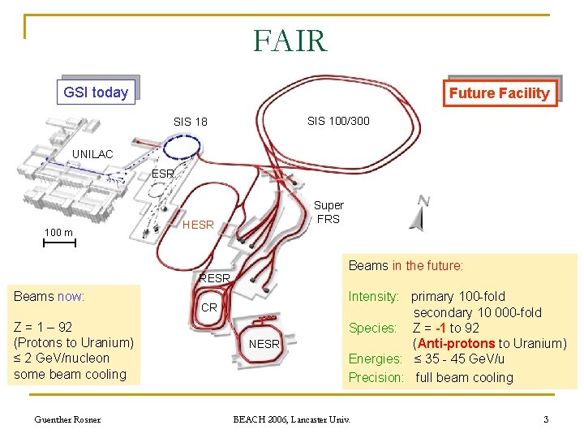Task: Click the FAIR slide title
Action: coord(290,41)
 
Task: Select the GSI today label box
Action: coord(96,92)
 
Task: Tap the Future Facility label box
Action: coord(500,93)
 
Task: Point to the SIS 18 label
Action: coord(191,122)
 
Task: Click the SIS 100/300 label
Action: coord(338,121)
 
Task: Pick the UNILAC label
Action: coord(92,153)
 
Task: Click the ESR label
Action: coord(163,174)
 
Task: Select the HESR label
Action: coord(199,225)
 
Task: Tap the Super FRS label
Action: coord(328,212)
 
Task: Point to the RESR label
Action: coord(215,279)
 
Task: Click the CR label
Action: coord(209,307)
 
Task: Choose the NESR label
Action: coord(264,344)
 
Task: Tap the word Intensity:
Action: coord(374,296)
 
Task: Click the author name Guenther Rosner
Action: coord(67,419)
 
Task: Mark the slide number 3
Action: coord(546,419)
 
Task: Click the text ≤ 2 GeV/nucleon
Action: coord(62,358)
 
